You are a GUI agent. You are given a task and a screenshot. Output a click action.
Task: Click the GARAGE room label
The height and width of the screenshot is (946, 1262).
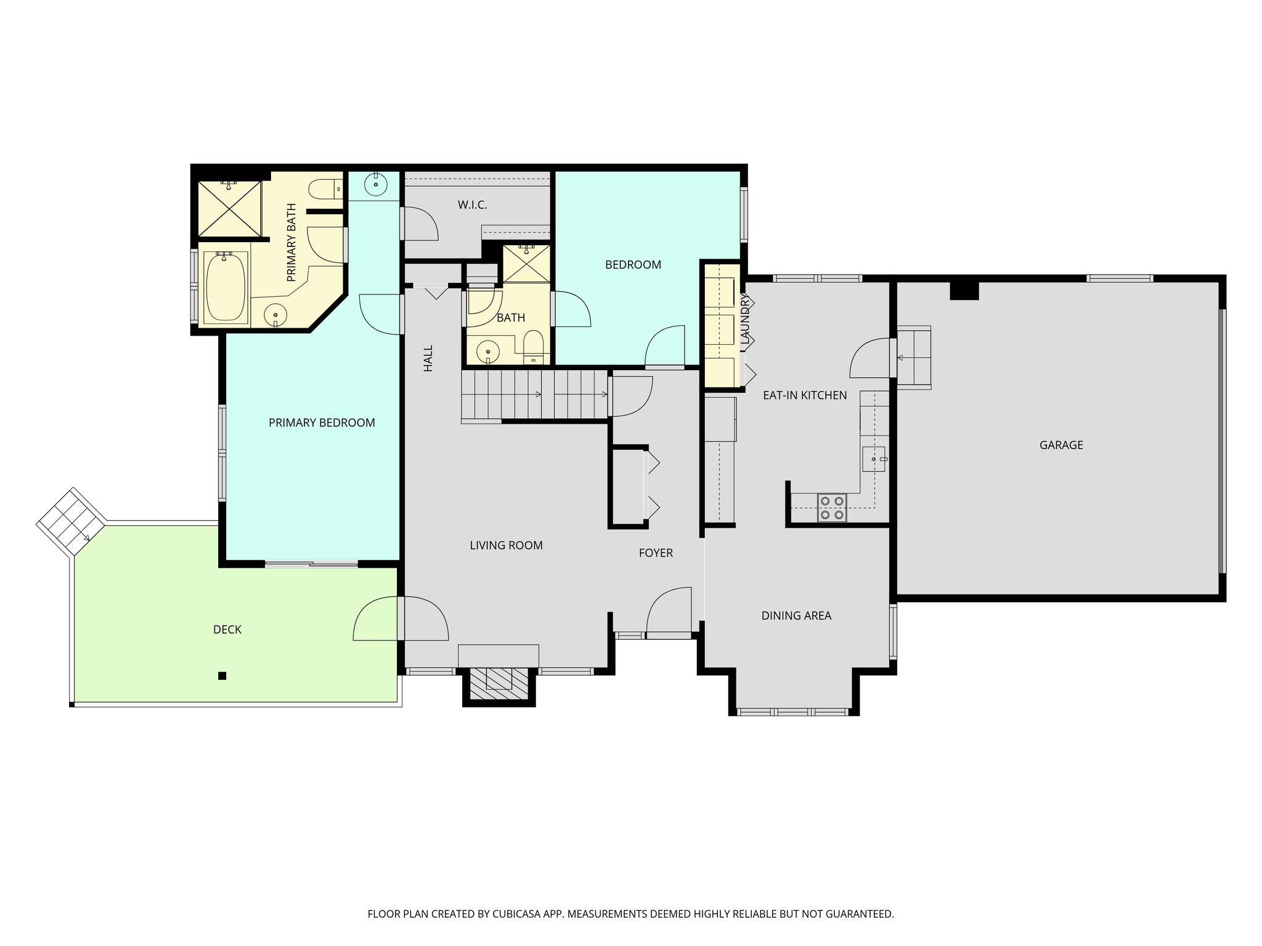(1060, 445)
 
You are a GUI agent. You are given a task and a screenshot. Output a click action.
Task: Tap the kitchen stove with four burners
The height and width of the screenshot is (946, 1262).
(832, 508)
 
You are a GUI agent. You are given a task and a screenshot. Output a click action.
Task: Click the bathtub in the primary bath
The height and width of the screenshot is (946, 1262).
(225, 287)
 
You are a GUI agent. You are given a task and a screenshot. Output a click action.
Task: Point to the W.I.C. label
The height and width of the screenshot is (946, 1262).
(472, 205)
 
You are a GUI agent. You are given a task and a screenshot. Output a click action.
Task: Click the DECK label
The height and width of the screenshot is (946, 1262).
(227, 629)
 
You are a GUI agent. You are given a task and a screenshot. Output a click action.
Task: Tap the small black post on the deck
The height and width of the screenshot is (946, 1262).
(222, 676)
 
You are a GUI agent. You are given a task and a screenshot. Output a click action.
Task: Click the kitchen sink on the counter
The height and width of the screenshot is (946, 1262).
(874, 459)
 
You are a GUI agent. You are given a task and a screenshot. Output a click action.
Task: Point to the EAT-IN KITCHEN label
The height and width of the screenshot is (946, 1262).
(805, 395)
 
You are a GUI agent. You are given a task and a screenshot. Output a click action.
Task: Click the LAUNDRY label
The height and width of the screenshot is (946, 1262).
(746, 318)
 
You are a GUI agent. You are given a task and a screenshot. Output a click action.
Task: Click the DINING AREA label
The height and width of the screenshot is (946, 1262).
(796, 616)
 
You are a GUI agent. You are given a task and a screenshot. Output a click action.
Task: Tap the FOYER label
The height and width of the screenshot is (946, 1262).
(655, 553)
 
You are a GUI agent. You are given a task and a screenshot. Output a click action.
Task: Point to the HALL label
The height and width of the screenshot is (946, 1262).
(428, 358)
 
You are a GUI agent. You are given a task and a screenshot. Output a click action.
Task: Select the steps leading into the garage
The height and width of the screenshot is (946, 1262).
(913, 357)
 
